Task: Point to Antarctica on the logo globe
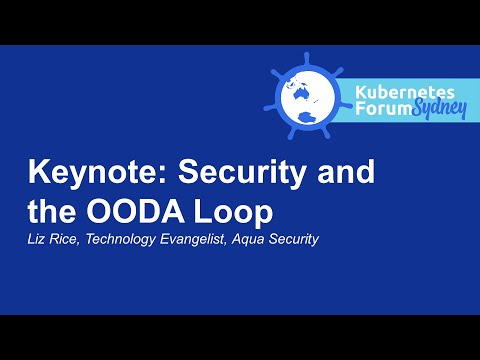click(x=305, y=123)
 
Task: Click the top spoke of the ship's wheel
click(x=304, y=52)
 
